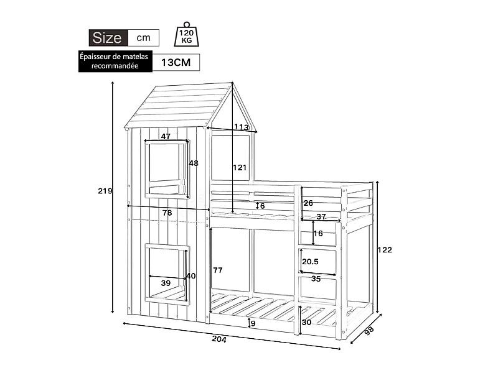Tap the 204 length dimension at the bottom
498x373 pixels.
(218, 339)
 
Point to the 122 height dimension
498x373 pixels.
(385, 250)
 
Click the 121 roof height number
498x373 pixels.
(240, 167)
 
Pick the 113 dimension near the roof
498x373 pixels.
(242, 127)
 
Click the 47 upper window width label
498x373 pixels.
(166, 136)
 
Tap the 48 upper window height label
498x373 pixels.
(194, 163)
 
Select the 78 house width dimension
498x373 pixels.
(167, 213)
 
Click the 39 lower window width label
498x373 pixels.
(166, 283)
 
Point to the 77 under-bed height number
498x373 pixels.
(218, 270)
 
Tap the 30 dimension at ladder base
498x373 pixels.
(306, 323)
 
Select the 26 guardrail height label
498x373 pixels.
(308, 203)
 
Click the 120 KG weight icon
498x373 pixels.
(186, 36)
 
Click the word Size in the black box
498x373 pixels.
(107, 37)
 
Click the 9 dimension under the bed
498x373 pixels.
(252, 323)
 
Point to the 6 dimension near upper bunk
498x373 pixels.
(263, 206)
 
